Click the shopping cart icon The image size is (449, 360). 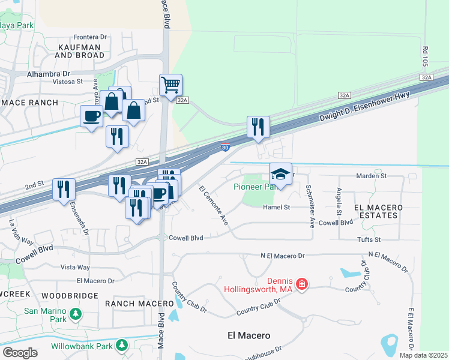170,85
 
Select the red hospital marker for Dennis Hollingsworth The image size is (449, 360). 302,283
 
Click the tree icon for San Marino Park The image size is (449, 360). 76,313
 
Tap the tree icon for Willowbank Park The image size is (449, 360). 122,346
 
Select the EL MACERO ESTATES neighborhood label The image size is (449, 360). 378,212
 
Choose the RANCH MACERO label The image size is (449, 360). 131,304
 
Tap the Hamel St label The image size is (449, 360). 276,207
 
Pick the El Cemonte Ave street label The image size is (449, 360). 213,208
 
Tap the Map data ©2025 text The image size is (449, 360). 423,355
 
